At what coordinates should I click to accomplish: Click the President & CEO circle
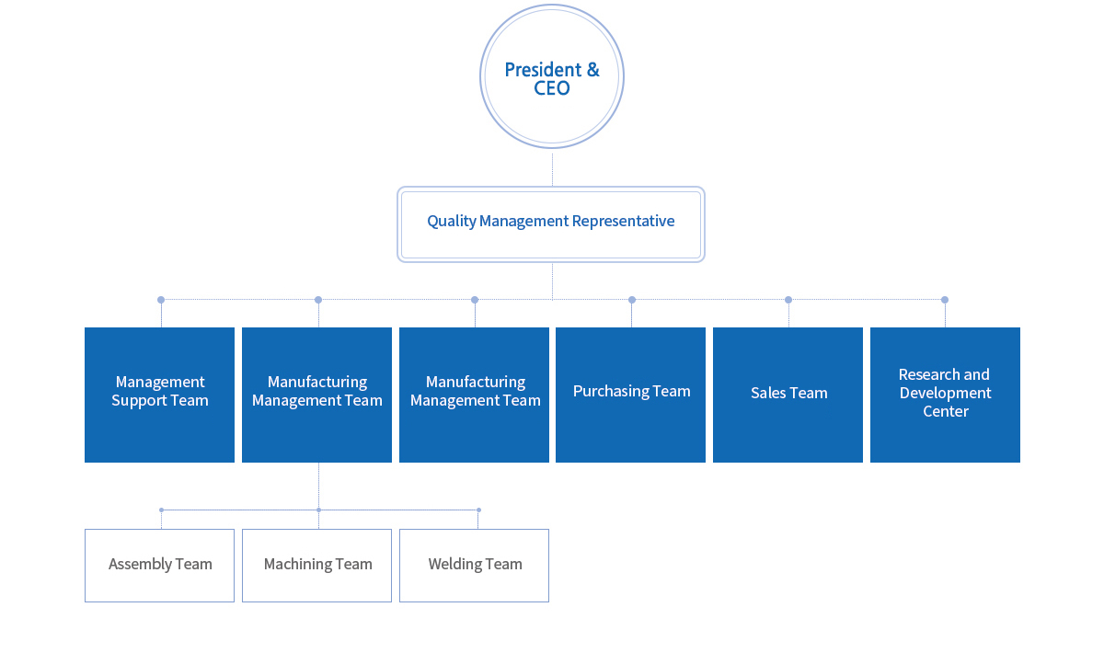[551, 76]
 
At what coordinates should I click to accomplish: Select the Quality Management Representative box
[551, 224]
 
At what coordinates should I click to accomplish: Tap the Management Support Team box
[160, 395]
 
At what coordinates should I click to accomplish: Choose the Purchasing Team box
[630, 395]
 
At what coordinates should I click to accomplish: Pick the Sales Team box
[788, 395]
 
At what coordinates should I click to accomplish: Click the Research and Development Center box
[945, 395]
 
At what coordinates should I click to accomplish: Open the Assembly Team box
[160, 566]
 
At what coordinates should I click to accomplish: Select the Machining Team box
[316, 566]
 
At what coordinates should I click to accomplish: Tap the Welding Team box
[474, 566]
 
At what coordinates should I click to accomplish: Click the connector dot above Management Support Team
[161, 300]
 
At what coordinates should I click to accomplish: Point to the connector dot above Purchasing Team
[632, 300]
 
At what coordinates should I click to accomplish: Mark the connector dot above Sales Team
[788, 300]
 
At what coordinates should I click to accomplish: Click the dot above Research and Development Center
[944, 300]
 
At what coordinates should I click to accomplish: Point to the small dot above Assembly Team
[161, 510]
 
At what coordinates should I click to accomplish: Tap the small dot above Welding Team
[478, 510]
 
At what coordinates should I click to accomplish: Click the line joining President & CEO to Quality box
[552, 170]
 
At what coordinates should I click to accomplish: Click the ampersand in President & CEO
[592, 70]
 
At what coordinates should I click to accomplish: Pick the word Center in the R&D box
[946, 411]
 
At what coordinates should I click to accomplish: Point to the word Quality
[452, 222]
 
